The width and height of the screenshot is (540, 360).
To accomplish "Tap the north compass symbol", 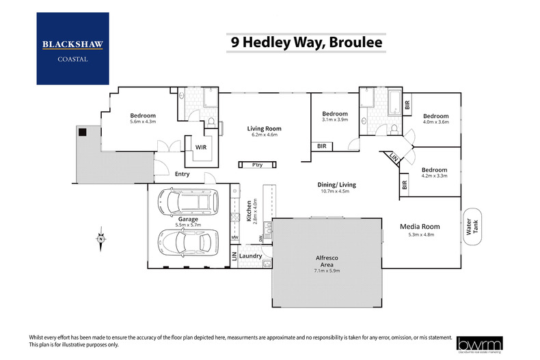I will (100, 238).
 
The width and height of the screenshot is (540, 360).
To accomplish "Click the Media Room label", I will (420, 226).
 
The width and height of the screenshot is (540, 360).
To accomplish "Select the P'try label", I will (258, 165).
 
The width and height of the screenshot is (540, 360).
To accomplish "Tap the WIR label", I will (201, 147).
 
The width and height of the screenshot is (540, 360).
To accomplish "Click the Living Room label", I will (265, 128).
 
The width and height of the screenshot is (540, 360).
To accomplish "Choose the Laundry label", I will (251, 255).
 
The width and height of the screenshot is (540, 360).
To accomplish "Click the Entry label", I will (182, 174).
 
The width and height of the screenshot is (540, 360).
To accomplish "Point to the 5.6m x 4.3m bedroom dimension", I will (144, 122).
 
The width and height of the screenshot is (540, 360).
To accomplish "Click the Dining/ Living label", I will (336, 184).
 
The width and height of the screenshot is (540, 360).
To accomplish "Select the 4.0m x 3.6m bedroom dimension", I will (435, 122).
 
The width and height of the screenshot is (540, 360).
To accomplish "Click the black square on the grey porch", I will (82, 132).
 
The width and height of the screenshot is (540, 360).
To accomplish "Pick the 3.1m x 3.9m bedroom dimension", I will (335, 120).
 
